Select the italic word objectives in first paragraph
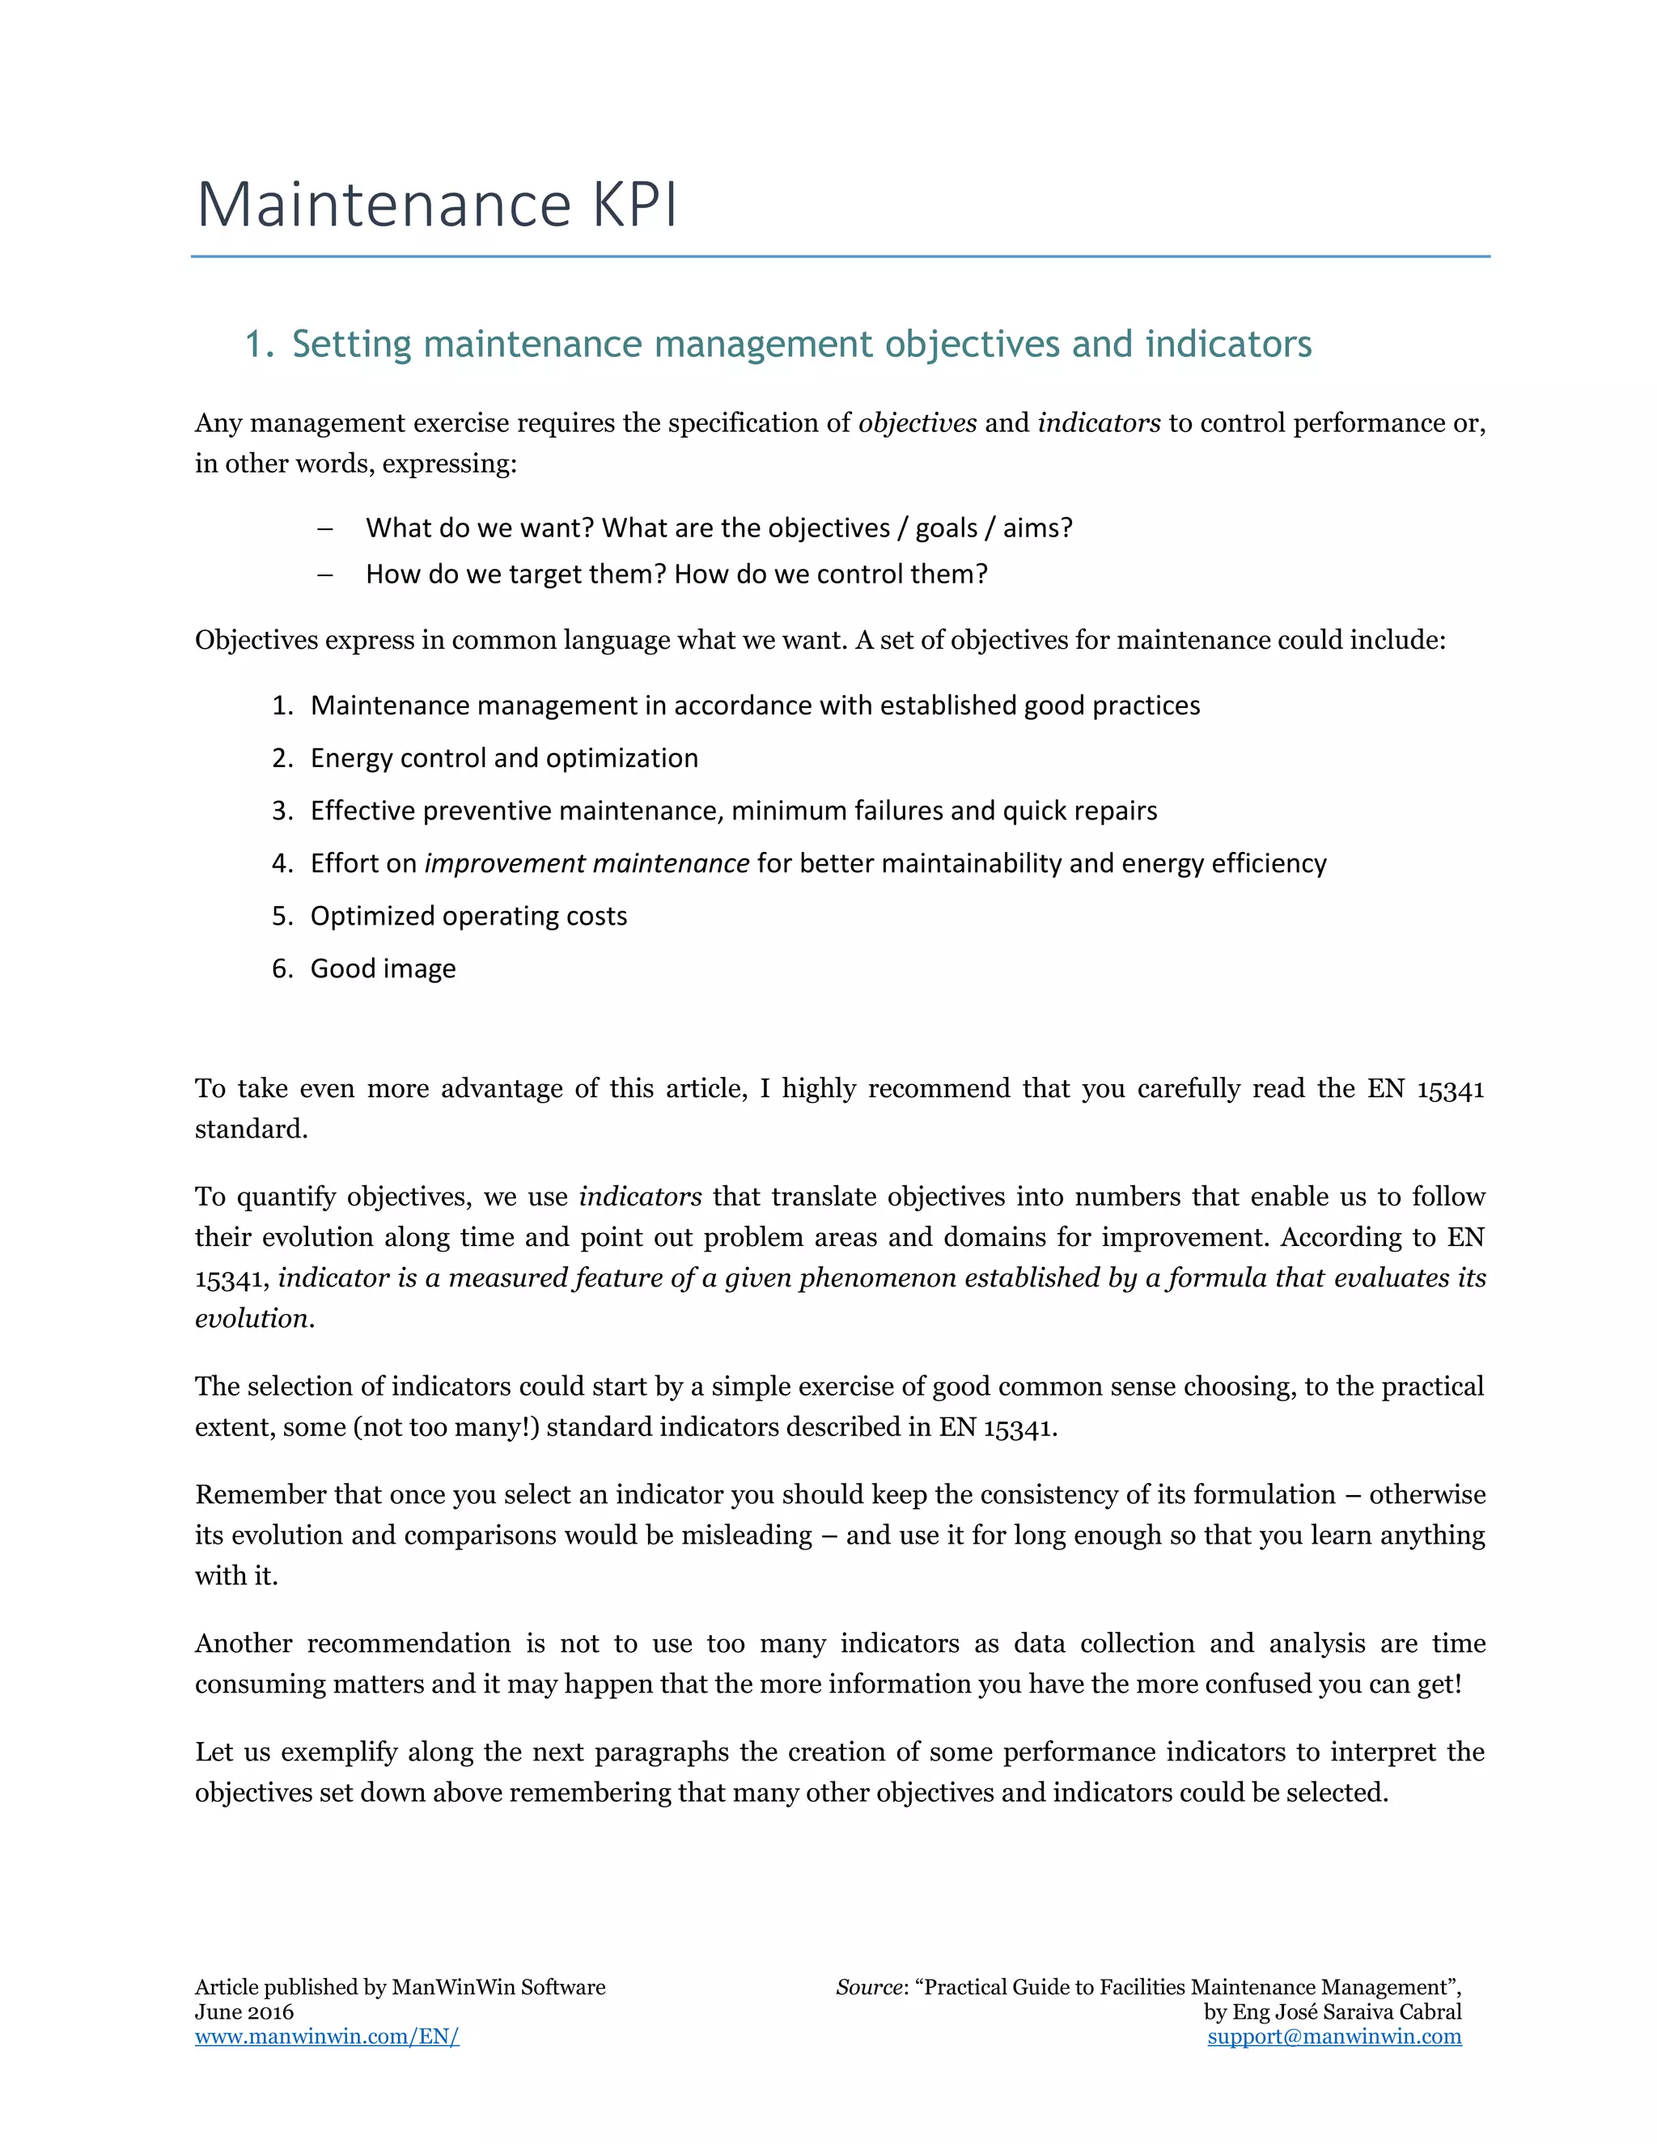tap(917, 423)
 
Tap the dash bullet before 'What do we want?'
tap(325, 529)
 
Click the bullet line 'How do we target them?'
tap(676, 574)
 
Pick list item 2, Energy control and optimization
tap(503, 758)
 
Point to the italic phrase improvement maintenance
tap(586, 863)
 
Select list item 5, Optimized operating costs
tap(468, 916)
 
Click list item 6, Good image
tap(383, 969)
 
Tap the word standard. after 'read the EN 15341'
tap(252, 1129)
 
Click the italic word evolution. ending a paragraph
tap(254, 1319)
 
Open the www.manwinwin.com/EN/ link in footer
tap(327, 2037)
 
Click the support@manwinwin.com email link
tap(1334, 2037)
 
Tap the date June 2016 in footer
tap(244, 2012)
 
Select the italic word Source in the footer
tap(869, 1988)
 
